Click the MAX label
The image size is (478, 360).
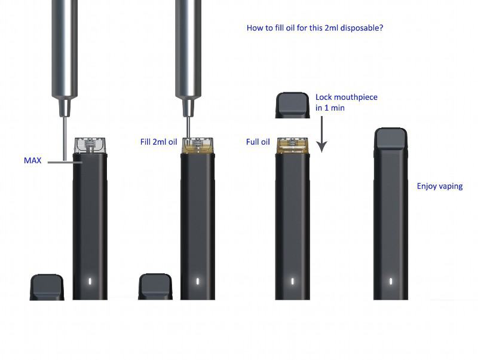coord(32,161)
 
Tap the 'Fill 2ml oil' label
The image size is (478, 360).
coord(158,142)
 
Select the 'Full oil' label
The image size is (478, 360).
coord(258,142)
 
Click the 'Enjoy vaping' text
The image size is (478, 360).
coord(440,186)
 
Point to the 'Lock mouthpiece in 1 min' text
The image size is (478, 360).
coord(346,102)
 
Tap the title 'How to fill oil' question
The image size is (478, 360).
coord(314,28)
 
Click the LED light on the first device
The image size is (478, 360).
coord(90,281)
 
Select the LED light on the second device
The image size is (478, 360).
coord(198,281)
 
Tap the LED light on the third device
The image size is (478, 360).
coord(293,281)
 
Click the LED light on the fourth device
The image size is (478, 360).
coord(391,281)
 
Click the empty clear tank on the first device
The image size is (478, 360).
coord(90,145)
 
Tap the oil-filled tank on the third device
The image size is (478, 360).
coord(293,144)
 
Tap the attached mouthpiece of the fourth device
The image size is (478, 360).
coord(391,139)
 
